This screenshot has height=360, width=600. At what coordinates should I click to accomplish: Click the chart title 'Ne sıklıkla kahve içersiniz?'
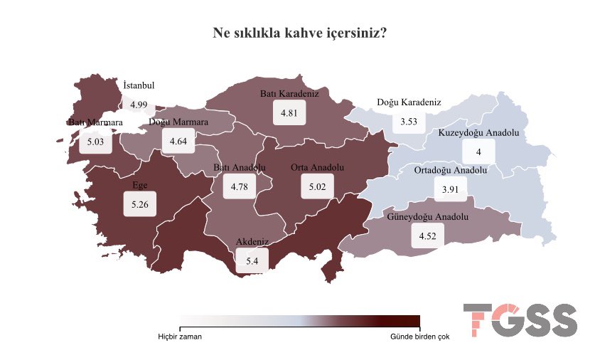(300, 33)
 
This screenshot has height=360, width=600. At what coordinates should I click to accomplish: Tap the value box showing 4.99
(139, 105)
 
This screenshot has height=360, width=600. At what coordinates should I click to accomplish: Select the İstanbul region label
(139, 85)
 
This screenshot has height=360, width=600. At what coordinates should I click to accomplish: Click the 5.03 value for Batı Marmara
(95, 142)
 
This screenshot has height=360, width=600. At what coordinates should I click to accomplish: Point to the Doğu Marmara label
(178, 122)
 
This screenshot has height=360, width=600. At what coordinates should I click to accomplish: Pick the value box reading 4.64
(178, 142)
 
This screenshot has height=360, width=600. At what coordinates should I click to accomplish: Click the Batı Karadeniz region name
(289, 94)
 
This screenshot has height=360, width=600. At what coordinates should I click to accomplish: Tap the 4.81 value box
(289, 113)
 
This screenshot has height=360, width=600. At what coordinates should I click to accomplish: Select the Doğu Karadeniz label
(409, 102)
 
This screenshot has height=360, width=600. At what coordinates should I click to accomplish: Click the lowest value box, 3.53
(409, 122)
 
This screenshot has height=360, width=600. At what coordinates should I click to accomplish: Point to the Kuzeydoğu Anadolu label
(479, 133)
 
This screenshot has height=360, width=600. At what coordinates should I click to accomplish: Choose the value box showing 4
(479, 152)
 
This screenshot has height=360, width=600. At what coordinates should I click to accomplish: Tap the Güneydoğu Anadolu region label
(428, 216)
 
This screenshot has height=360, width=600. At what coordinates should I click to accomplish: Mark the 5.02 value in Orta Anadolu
(317, 187)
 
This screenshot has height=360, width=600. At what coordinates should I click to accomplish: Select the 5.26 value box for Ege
(139, 204)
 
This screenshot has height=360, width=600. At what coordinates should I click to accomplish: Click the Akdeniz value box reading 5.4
(252, 261)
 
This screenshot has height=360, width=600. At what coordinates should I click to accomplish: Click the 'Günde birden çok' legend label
(419, 337)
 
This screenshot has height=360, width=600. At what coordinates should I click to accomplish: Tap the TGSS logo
(520, 320)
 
